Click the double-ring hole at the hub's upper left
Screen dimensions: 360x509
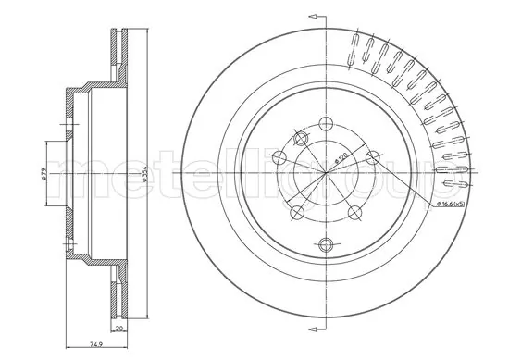[300, 138]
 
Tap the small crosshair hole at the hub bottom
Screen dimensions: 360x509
[325, 244]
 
